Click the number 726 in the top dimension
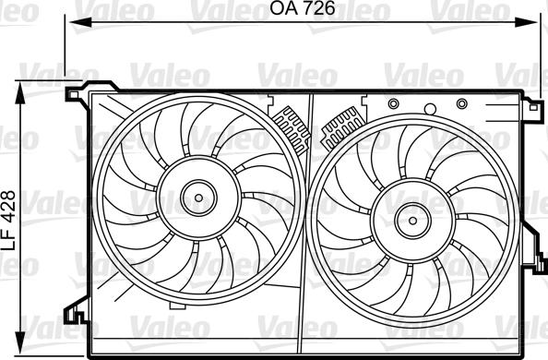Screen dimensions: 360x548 point(314,12)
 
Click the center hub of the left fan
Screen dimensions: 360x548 point(196,196)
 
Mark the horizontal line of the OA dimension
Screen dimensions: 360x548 point(185,25)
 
